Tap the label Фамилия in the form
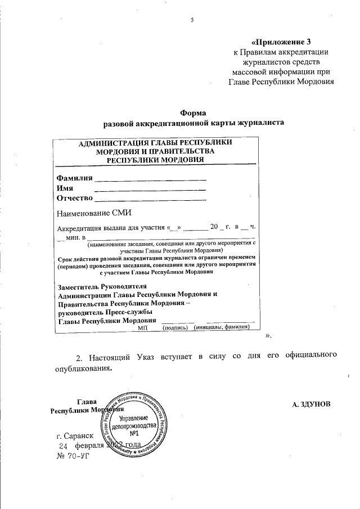[74, 178]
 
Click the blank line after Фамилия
[150, 179]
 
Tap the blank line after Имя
[150, 189]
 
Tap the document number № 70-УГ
[73, 455]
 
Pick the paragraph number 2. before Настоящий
[79, 355]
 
